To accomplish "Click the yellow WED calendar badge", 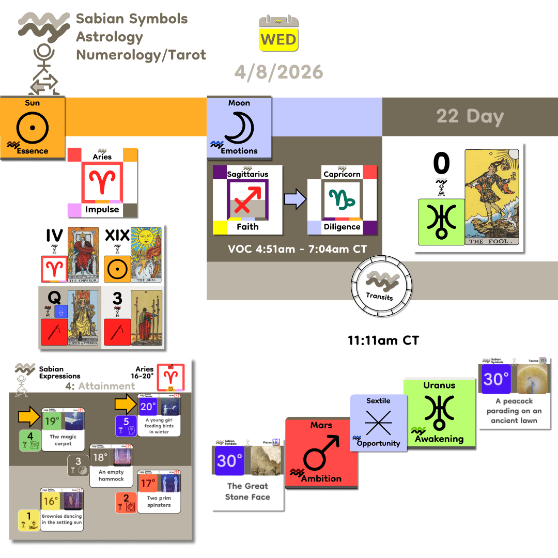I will coord(278,39).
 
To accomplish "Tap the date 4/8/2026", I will coord(278,71).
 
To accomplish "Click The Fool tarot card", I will coord(494,198).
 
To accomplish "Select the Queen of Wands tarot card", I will coord(83,318).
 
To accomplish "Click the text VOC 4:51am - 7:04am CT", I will coord(298,249).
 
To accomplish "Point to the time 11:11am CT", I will coord(383,341).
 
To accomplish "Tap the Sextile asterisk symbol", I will coord(378,423).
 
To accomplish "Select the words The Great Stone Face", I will coord(247,491).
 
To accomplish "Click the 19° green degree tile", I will coord(51,421).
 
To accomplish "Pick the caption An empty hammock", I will coord(111,475).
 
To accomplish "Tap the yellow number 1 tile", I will coord(29,520).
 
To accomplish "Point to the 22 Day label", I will coord(470,116).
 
